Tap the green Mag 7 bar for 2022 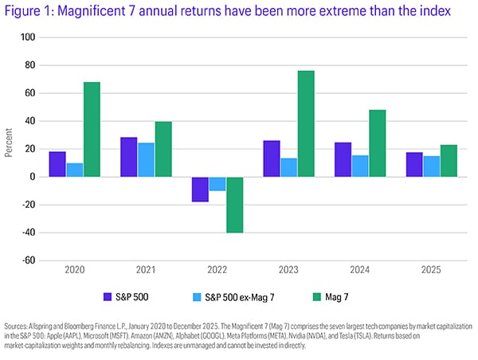coord(234,205)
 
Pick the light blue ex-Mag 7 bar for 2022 coord(217,184)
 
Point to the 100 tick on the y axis coord(29,37)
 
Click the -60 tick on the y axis coord(29,260)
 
